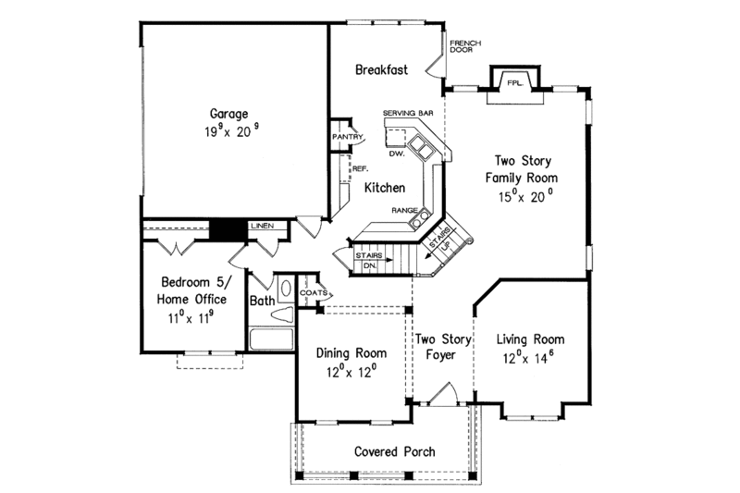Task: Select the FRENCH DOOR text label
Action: [462, 47]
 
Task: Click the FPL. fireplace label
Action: [514, 83]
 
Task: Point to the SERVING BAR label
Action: [409, 113]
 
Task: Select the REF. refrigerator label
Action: [361, 169]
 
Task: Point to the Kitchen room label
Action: [384, 188]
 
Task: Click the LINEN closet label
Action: [262, 225]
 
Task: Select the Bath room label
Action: [262, 302]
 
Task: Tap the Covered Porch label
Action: [395, 452]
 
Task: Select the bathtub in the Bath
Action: [270, 337]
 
